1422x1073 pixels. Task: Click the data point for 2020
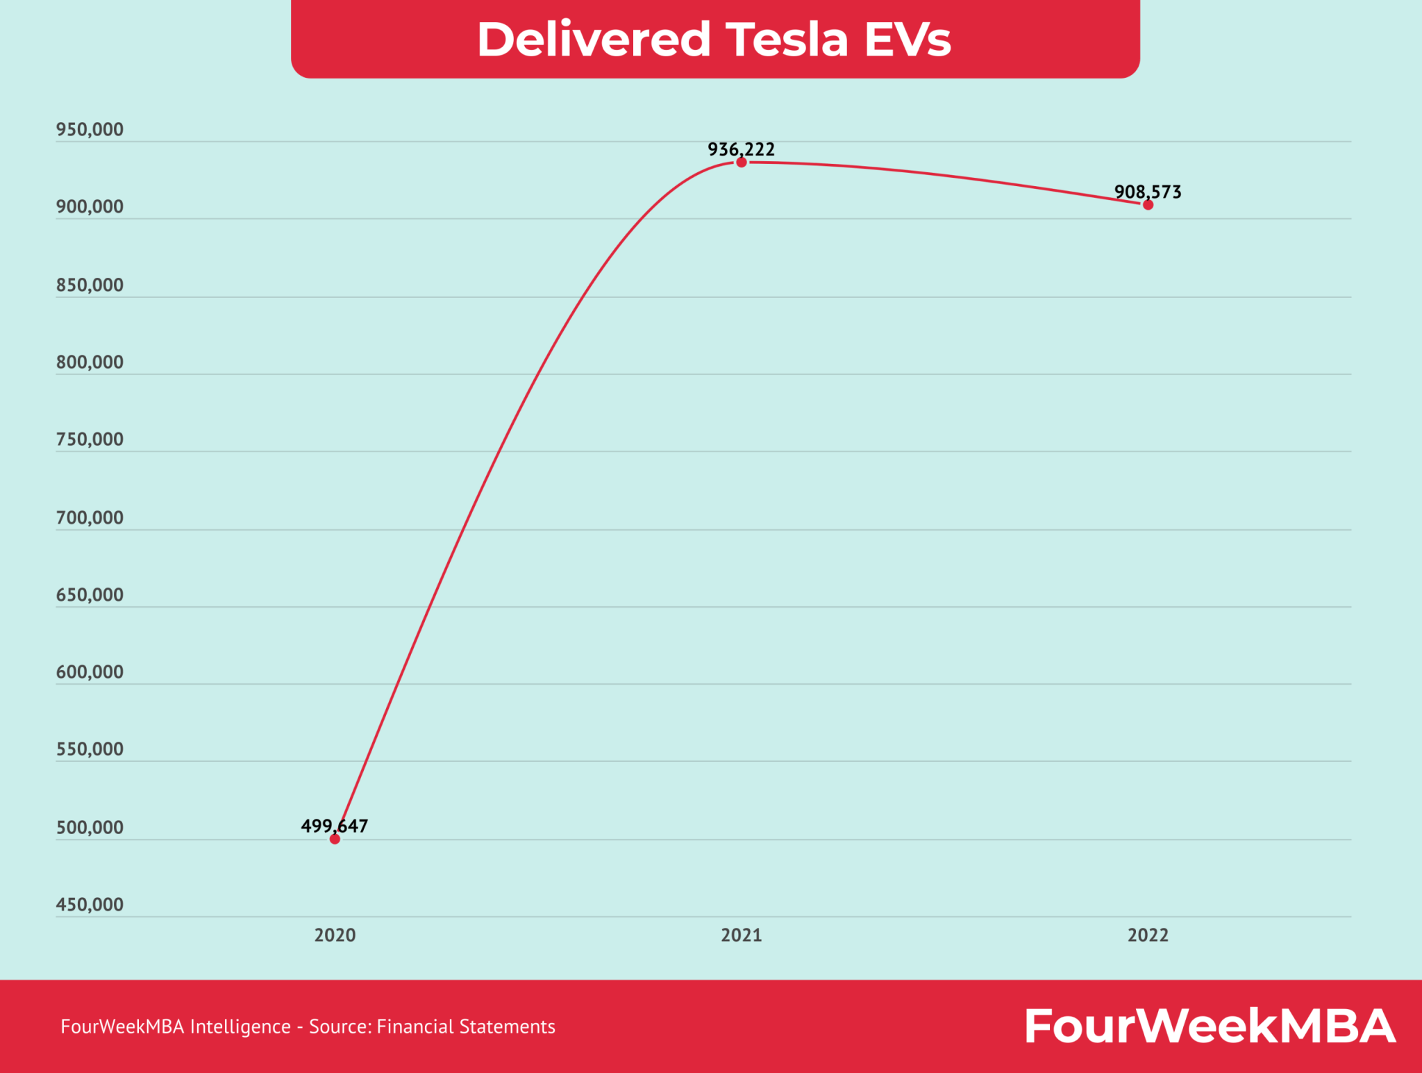335,839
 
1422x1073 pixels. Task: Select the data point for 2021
742,163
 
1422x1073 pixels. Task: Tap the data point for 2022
1148,205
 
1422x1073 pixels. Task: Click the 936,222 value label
741,149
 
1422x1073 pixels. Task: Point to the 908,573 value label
1148,192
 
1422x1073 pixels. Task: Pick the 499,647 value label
334,826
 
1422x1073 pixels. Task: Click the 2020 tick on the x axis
335,935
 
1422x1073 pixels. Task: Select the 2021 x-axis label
742,935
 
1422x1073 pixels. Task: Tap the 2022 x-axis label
1148,935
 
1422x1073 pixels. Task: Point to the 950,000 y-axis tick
90,130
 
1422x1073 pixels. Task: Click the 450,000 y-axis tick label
90,904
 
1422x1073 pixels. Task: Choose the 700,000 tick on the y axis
90,517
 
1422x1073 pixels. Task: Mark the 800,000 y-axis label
90,362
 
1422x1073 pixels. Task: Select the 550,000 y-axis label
90,749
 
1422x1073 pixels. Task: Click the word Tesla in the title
787,39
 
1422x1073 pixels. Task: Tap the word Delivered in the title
594,39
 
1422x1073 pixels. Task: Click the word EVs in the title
907,39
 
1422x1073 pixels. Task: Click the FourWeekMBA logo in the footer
1210,1026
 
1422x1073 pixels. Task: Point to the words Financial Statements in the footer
466,1026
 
